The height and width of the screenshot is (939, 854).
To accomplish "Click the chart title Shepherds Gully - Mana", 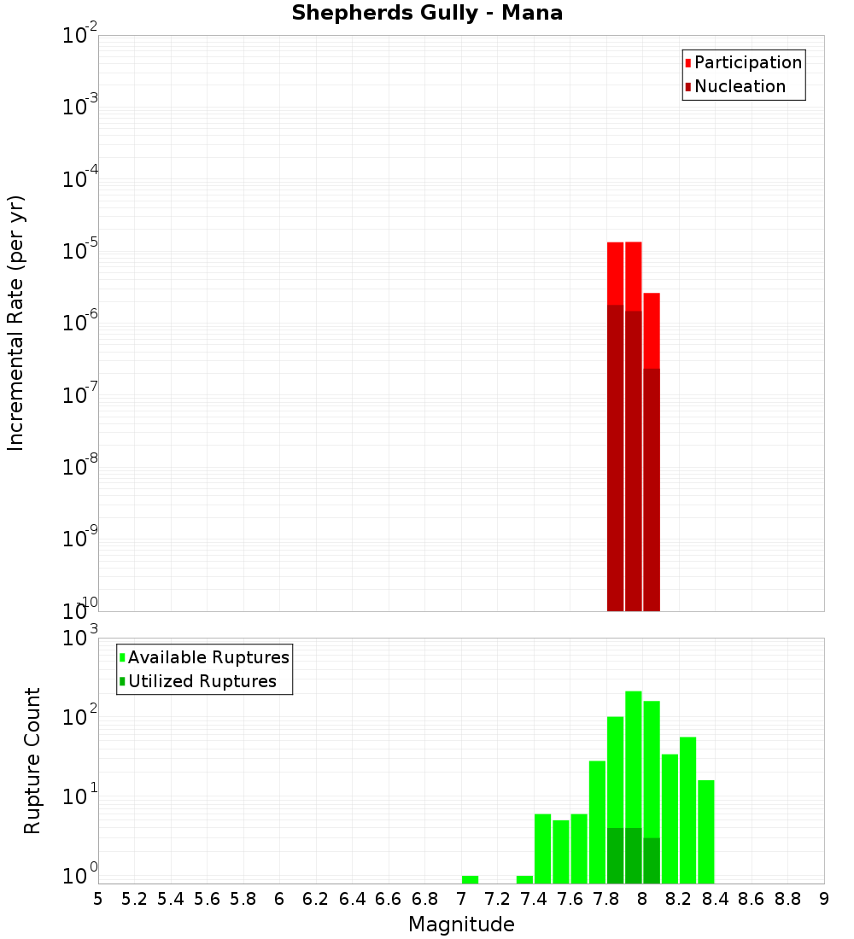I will pos(427,13).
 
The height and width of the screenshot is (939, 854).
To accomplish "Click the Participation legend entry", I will pos(747,62).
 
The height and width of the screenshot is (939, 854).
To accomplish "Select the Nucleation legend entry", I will pos(739,86).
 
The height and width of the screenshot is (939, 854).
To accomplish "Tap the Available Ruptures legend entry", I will pos(208,657).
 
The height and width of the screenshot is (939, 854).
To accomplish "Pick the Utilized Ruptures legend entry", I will pos(202,681).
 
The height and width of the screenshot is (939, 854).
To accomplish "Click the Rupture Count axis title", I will pos(32,761).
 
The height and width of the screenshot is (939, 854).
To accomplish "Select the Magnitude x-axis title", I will pos(461,924).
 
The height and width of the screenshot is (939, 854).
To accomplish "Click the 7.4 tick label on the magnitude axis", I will pos(534,899).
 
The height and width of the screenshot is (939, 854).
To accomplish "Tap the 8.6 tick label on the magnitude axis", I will pos(752,899).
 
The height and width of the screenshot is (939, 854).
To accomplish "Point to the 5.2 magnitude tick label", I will pos(135,899).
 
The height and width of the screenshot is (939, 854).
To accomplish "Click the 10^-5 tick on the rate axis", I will pos(79,251).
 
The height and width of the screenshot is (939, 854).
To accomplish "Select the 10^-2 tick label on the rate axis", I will pos(79,35).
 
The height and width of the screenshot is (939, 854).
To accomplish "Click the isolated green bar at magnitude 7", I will pos(470,879).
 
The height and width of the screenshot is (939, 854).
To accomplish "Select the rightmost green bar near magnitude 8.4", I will pos(706,831).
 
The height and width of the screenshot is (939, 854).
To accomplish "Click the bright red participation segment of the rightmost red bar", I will pos(652,330).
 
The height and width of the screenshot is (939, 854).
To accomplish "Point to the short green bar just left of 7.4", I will pos(524,879).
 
